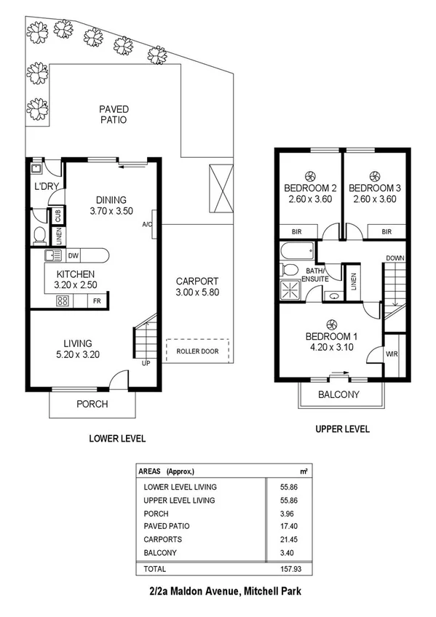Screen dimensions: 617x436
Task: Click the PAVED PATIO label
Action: coord(114,114)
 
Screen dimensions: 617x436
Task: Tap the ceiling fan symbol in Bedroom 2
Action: coord(312,175)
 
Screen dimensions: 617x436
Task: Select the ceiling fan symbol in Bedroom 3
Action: coord(375,175)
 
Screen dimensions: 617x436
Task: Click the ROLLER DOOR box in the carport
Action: coord(197,351)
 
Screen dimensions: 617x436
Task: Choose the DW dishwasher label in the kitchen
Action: coord(74,255)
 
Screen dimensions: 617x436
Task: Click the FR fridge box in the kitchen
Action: coord(97,300)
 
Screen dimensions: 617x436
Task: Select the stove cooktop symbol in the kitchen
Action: coord(63,300)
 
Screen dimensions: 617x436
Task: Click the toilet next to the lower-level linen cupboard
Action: coord(40,235)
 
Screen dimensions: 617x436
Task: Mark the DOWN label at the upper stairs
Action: coord(395,258)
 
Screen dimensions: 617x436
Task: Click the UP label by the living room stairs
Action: coord(145,362)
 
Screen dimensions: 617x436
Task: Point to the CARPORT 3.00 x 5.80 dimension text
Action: coord(197,292)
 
